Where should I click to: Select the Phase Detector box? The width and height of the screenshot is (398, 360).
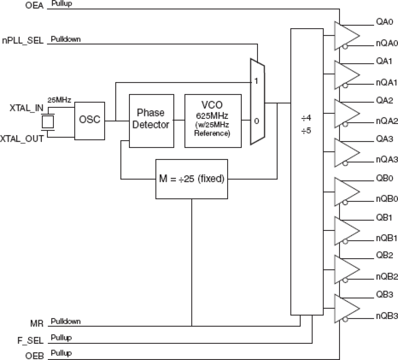point(151,121)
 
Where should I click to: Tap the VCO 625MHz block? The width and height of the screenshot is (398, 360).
point(213,121)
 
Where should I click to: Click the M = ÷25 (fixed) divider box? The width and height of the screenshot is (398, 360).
point(191,179)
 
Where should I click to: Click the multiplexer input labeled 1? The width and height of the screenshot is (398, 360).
point(256,82)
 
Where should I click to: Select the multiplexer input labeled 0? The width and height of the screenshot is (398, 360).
point(256,121)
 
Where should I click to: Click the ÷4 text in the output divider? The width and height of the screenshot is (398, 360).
point(306,118)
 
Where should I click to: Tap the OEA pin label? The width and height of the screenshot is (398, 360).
point(34,6)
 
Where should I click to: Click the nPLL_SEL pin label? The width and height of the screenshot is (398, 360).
point(23,41)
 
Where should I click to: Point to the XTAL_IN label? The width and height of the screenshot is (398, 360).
point(26,108)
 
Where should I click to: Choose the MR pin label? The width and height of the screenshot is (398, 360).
point(37,324)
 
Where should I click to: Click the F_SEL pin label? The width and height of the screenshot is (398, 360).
point(30,341)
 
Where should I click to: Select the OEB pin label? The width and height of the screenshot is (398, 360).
point(35,356)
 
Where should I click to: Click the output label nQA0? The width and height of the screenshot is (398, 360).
point(386,43)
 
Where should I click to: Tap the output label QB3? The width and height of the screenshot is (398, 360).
point(384,295)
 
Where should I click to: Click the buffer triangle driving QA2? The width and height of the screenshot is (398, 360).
point(345,114)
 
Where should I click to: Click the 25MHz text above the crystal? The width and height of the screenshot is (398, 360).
point(59,100)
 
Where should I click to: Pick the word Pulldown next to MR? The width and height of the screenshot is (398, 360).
point(66,321)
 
